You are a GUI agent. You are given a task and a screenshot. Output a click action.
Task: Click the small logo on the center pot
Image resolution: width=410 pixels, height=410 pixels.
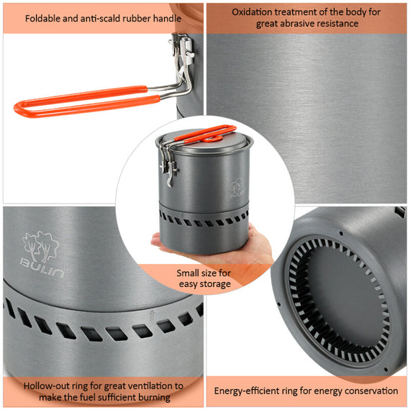point(237,189)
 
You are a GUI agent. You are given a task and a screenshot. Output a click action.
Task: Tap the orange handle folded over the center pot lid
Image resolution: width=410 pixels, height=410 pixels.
point(205,133)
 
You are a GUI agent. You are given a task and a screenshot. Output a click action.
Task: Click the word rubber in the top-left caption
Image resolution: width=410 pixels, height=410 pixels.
point(142,17)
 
